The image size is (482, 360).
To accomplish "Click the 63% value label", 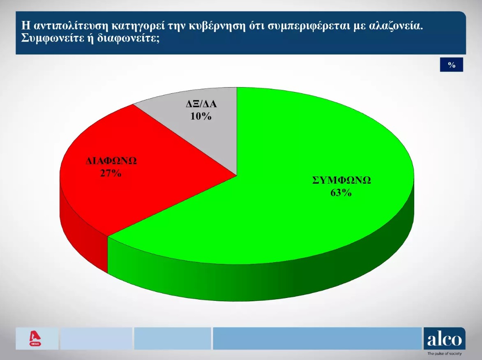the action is [x=341, y=193].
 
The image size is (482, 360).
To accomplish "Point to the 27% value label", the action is [x=111, y=173].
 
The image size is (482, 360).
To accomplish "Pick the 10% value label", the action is [x=201, y=116].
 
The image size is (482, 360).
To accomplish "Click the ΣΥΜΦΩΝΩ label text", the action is [x=341, y=180].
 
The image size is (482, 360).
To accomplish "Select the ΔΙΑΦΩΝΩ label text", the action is [x=111, y=161].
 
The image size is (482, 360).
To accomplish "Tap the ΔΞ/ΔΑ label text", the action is [x=201, y=104].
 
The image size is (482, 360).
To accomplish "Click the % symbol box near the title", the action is [x=451, y=65].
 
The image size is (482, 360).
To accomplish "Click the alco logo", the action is [x=445, y=339].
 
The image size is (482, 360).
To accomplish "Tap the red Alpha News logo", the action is [x=35, y=339].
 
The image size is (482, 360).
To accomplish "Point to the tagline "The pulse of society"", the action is [x=445, y=353].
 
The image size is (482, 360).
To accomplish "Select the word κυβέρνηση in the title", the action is [x=217, y=27].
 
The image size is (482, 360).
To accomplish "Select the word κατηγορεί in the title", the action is [x=137, y=27].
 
